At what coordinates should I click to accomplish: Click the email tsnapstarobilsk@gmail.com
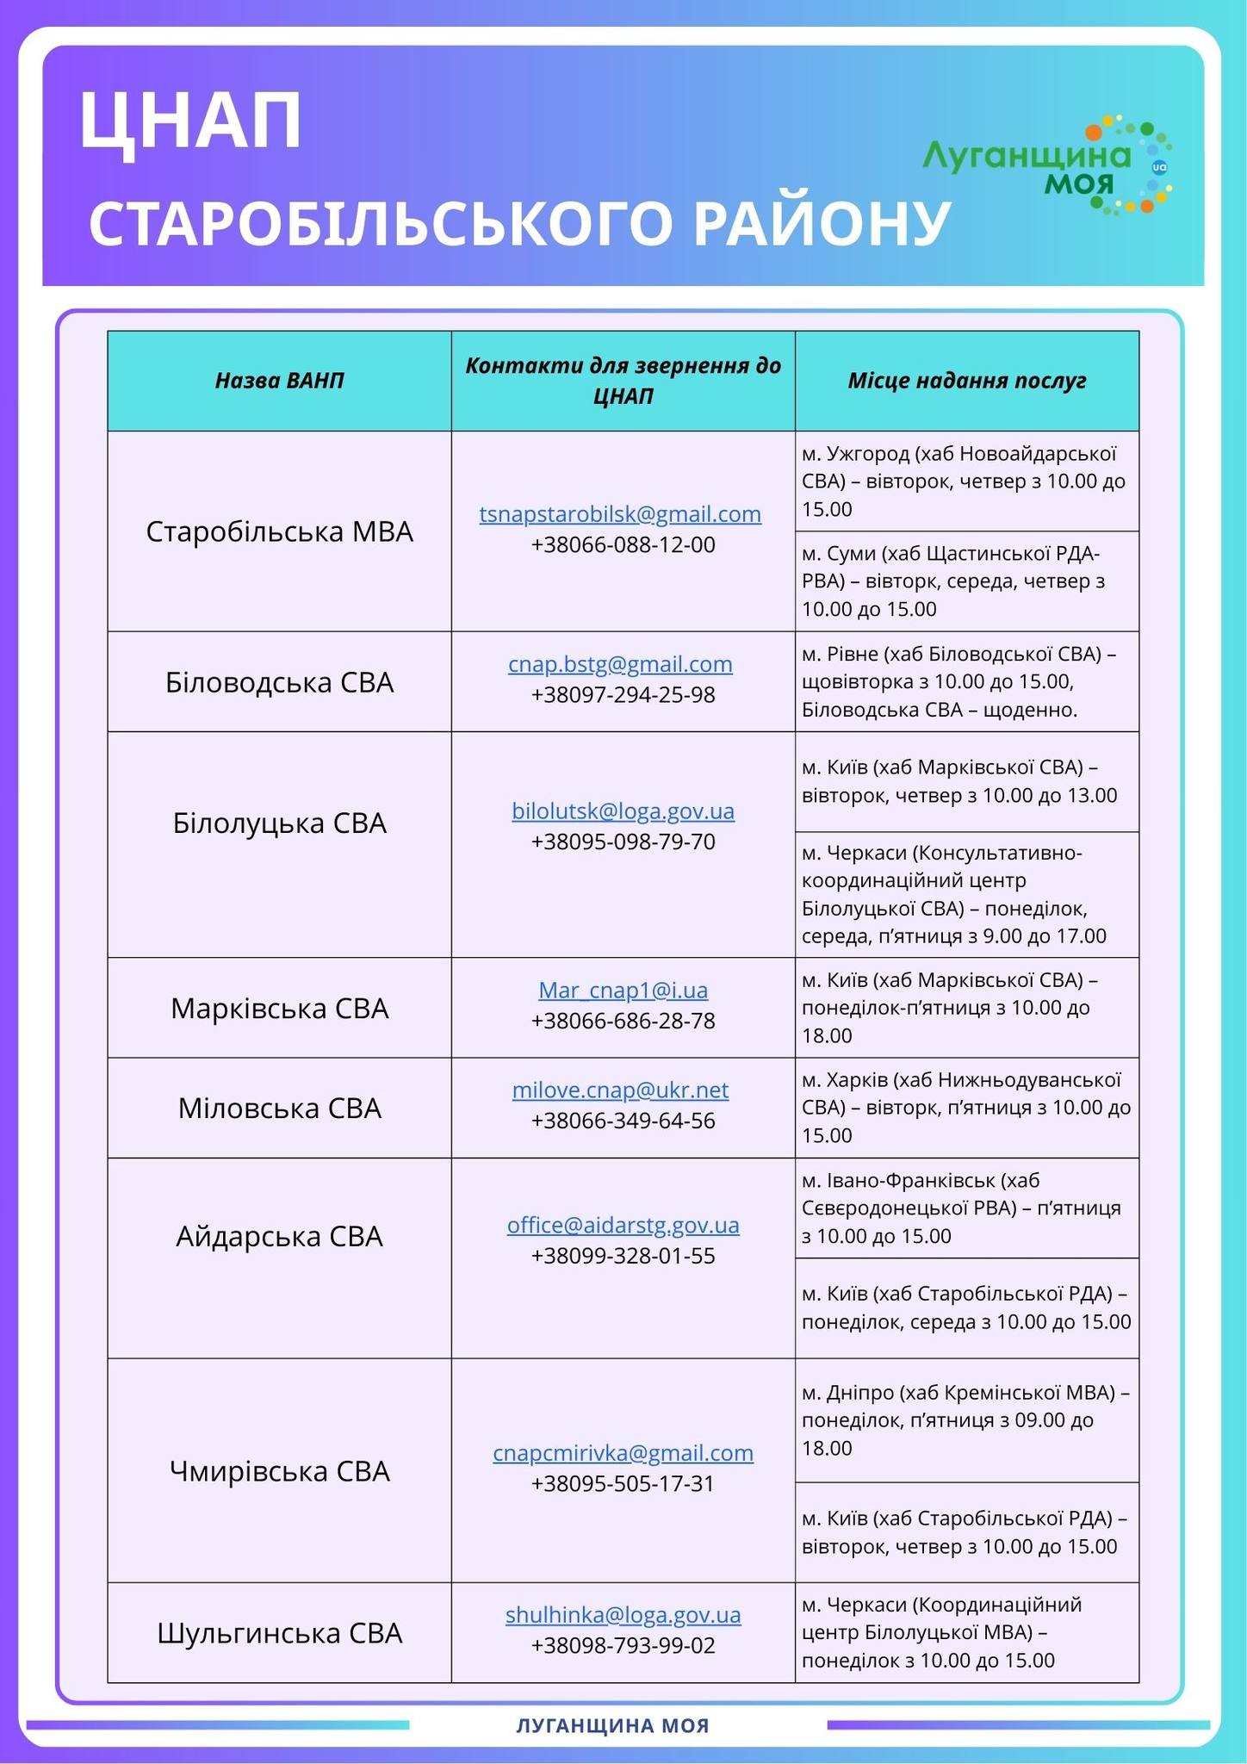[620, 514]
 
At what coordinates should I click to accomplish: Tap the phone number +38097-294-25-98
[623, 695]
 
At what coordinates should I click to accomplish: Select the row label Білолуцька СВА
[280, 823]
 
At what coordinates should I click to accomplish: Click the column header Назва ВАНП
[280, 381]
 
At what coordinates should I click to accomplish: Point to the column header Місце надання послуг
[966, 381]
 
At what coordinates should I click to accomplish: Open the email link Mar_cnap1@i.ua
[623, 991]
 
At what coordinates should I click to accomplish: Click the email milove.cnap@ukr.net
[620, 1090]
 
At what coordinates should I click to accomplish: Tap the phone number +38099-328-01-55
[623, 1256]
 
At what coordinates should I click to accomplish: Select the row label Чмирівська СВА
[280, 1471]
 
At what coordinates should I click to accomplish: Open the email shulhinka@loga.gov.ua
[623, 1615]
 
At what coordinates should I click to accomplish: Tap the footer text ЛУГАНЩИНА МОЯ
[613, 1725]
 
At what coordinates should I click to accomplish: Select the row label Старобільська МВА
[280, 531]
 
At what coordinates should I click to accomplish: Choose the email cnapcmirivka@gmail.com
[623, 1453]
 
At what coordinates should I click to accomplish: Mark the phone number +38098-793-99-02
[623, 1646]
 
